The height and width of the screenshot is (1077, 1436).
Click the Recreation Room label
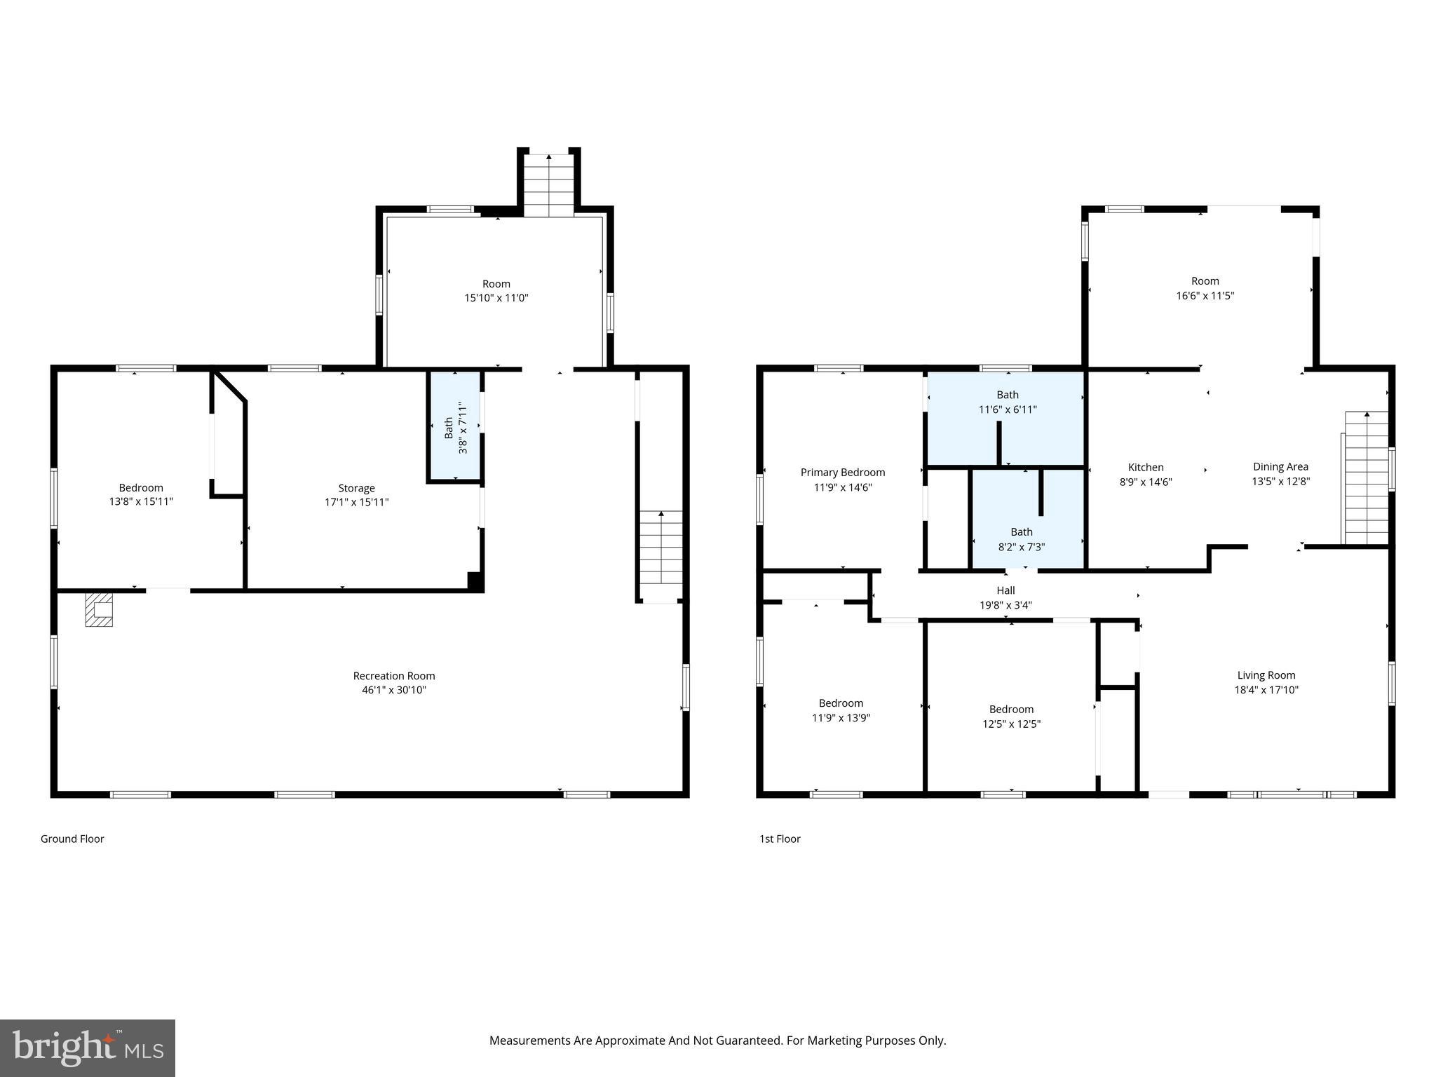tap(393, 676)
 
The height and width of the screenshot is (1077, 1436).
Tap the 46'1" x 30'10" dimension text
tap(393, 690)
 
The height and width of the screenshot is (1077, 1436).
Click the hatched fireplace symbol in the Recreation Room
tap(99, 609)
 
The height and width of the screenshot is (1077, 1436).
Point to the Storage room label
tap(356, 488)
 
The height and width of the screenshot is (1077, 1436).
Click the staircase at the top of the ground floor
tap(548, 184)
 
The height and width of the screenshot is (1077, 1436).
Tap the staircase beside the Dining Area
tap(1366, 479)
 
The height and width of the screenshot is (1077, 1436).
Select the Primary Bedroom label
tap(842, 473)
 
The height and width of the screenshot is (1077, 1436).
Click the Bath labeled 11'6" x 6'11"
tap(1007, 402)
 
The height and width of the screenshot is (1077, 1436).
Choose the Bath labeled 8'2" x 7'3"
tap(1021, 539)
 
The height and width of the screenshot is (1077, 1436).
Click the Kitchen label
tap(1145, 468)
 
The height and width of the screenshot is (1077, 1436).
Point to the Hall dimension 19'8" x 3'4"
tap(1005, 605)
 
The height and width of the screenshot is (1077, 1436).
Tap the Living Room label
tap(1266, 675)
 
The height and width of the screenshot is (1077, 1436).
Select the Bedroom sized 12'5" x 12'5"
tap(1011, 717)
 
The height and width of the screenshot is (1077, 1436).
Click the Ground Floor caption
tap(72, 839)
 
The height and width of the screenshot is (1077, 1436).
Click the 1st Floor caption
tap(780, 839)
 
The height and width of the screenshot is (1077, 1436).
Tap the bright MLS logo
tap(88, 1048)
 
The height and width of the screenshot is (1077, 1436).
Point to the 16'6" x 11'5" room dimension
tap(1205, 296)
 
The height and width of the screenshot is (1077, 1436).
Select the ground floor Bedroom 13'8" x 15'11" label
tap(141, 494)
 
